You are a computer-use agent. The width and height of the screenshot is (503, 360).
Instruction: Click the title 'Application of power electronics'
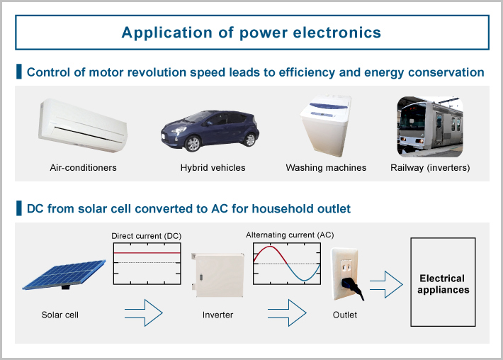pyautogui.click(x=251, y=33)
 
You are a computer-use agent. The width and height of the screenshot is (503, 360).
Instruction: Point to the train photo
pyautogui.click(x=429, y=127)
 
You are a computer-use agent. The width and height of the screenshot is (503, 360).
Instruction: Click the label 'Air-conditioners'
pyautogui.click(x=83, y=168)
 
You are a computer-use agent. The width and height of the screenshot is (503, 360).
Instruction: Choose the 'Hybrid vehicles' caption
pyautogui.click(x=213, y=168)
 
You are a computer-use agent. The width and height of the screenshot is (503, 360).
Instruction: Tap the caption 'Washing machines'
pyautogui.click(x=326, y=168)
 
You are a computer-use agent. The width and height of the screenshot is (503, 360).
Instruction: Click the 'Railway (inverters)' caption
pyautogui.click(x=430, y=168)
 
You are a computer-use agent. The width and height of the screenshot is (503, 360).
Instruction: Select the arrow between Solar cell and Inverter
pyautogui.click(x=144, y=313)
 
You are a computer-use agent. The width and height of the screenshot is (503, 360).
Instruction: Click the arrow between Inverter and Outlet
pyautogui.click(x=288, y=313)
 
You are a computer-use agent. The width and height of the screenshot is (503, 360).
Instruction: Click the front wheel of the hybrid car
pyautogui.click(x=191, y=143)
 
